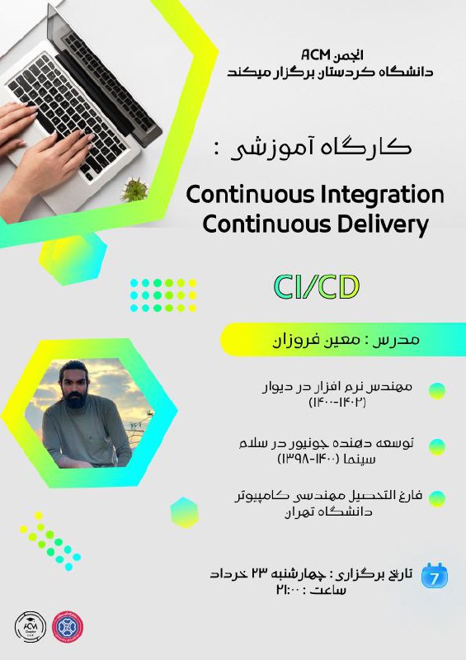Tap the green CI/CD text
pos(317,287)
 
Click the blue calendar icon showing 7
pos(435,575)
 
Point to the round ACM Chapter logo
pos(31,627)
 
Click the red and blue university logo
pos(68,627)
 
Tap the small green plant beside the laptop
pos(135,191)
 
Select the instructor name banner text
pos(346,340)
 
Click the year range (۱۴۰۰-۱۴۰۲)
pos(337,403)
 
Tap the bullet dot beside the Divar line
pos(437,391)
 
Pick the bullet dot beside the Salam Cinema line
pos(437,447)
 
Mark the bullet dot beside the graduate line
pos(437,499)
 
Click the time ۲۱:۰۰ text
pos(289,590)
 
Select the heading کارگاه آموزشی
pos(321,148)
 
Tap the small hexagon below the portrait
pos(185,512)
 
